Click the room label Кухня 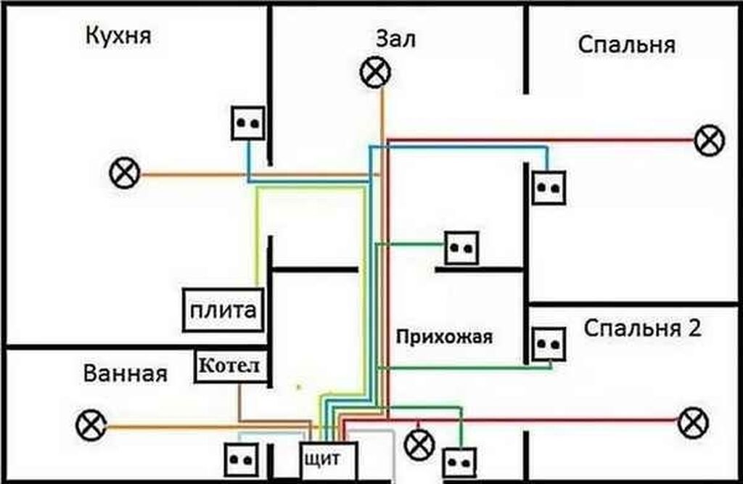coord(118,36)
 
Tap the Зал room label coord(395,39)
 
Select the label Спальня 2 coord(642,329)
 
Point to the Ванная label coord(125,374)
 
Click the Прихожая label coord(444,337)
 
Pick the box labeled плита coord(223,311)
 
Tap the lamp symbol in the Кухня coord(125,174)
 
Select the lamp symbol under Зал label coord(375,73)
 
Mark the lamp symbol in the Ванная coord(91,424)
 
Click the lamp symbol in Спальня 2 coord(693,422)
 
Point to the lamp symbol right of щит coord(419,443)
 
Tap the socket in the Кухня coord(248,123)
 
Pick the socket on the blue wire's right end coord(548,187)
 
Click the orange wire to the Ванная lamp coord(203,426)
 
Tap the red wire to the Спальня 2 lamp coord(544,419)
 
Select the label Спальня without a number coord(626,45)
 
